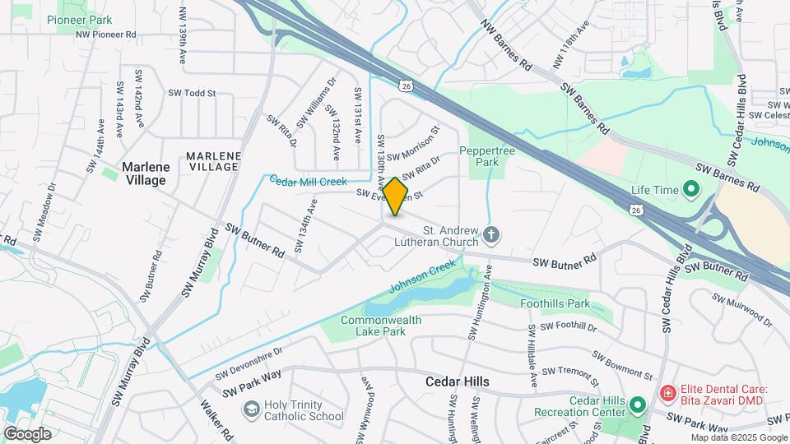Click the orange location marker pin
396,196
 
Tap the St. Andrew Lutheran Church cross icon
490,236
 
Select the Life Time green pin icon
690,190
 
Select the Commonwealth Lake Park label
381,326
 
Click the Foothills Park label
555,303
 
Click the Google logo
27,433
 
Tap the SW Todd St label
192,94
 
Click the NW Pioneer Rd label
105,35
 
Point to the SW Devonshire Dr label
249,363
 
